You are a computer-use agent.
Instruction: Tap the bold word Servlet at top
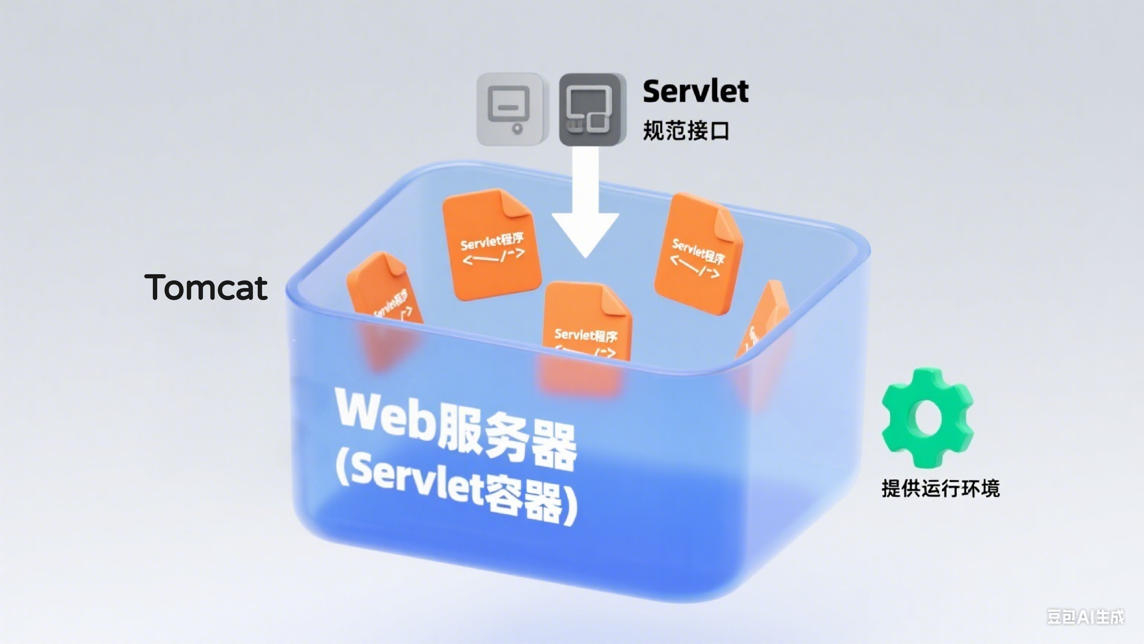point(696,91)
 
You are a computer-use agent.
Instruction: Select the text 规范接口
point(686,131)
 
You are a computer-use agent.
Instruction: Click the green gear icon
point(927,418)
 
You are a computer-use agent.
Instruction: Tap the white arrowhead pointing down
point(585,233)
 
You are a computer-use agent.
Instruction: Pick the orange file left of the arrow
point(492,244)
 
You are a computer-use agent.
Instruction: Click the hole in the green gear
point(927,418)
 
